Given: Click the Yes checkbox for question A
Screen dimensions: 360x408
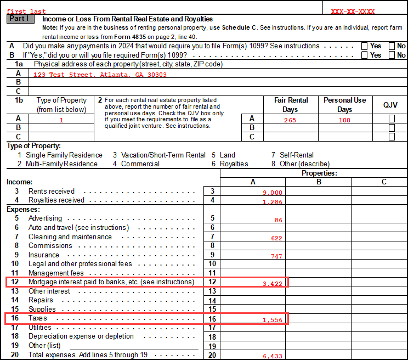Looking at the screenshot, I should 365,46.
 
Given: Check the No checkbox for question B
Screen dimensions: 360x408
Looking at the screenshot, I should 392,55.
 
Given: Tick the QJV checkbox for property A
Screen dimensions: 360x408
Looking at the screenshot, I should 392,119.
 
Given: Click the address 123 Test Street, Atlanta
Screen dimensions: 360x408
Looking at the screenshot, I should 100,75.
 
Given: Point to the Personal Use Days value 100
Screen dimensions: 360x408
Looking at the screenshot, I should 344,120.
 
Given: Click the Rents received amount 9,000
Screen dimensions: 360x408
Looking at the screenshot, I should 273,193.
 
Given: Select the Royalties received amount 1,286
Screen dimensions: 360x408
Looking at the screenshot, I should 273,202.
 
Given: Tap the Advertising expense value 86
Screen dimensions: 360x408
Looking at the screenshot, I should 278,220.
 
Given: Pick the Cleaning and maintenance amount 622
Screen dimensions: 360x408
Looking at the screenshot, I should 276,238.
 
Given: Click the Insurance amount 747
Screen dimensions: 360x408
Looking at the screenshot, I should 276,256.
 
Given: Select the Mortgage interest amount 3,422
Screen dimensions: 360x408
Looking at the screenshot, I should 273,284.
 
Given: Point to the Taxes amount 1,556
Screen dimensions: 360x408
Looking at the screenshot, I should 273,320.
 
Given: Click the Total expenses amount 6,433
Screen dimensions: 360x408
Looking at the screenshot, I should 273,356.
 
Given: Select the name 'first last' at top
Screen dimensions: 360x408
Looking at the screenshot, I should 26,12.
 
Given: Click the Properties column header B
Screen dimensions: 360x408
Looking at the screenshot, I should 318,182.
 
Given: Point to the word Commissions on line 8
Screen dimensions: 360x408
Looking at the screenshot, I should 50,246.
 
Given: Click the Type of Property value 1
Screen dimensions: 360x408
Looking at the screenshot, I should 61,120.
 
